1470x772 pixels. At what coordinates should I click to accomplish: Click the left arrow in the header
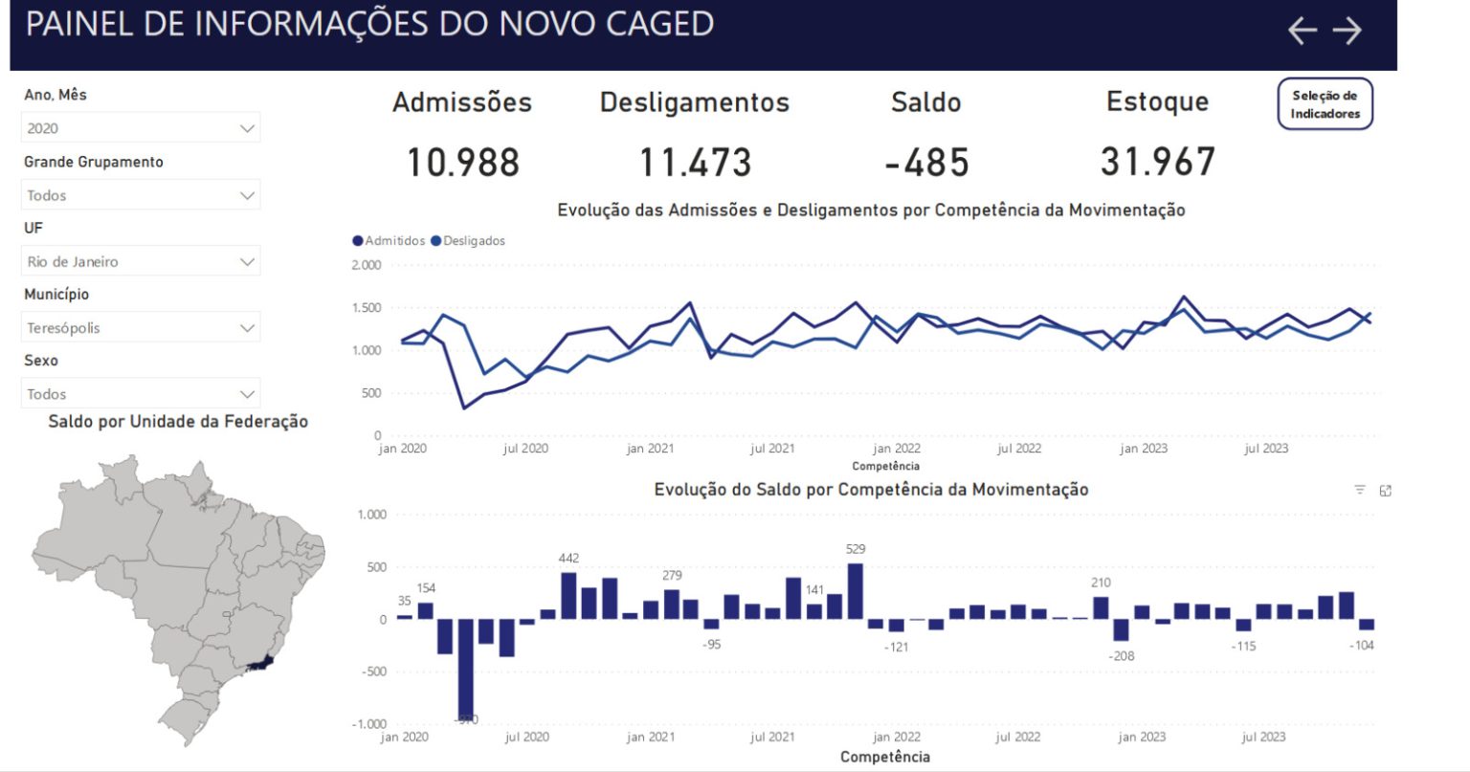pyautogui.click(x=1302, y=31)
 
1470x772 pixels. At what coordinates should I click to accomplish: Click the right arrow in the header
pyautogui.click(x=1347, y=31)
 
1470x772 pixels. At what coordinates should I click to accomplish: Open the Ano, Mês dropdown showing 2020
pyautogui.click(x=141, y=128)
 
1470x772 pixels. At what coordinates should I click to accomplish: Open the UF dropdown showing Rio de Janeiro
pyautogui.click(x=141, y=261)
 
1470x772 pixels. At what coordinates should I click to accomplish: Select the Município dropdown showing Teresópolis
pyautogui.click(x=141, y=328)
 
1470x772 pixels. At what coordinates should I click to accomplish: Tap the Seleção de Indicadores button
pyautogui.click(x=1325, y=104)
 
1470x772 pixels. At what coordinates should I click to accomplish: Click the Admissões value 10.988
pyautogui.click(x=462, y=163)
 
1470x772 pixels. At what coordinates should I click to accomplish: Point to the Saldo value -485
pyautogui.click(x=926, y=163)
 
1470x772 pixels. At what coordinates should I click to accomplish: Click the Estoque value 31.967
pyautogui.click(x=1157, y=162)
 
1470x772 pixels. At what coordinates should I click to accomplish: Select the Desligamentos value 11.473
pyautogui.click(x=695, y=163)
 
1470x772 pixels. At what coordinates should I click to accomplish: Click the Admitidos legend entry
pyautogui.click(x=390, y=241)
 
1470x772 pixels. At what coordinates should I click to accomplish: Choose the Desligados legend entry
pyautogui.click(x=469, y=241)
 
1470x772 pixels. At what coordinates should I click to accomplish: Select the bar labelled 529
pyautogui.click(x=856, y=591)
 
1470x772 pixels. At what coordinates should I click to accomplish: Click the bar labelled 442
pyautogui.click(x=568, y=595)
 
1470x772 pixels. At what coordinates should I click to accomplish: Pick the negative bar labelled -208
pyautogui.click(x=1121, y=630)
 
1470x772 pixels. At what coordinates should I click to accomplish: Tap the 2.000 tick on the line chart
pyautogui.click(x=367, y=265)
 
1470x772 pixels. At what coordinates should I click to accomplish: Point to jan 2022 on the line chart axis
pyautogui.click(x=897, y=449)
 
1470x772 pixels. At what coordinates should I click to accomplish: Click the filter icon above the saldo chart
pyautogui.click(x=1360, y=490)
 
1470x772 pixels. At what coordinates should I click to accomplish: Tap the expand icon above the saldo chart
pyautogui.click(x=1385, y=491)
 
